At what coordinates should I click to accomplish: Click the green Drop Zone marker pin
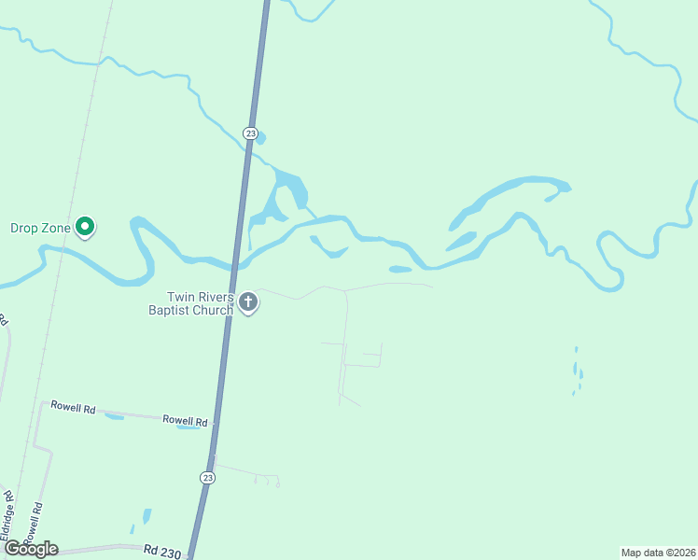85,226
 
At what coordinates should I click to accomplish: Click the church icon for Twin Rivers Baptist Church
248,301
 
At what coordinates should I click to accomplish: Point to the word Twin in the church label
181,296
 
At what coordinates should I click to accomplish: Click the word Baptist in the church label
170,310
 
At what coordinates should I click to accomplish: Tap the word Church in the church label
213,310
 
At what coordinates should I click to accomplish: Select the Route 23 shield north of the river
250,133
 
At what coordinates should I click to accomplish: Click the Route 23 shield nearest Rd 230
207,477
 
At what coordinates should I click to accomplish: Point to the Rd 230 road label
161,553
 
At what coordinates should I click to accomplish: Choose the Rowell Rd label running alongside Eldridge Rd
36,524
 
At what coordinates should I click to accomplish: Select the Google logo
31,549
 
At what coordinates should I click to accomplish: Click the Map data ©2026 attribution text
658,553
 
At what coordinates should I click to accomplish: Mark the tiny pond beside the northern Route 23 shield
260,139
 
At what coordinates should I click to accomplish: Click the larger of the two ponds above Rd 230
147,516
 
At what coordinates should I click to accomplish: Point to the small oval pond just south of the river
399,270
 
